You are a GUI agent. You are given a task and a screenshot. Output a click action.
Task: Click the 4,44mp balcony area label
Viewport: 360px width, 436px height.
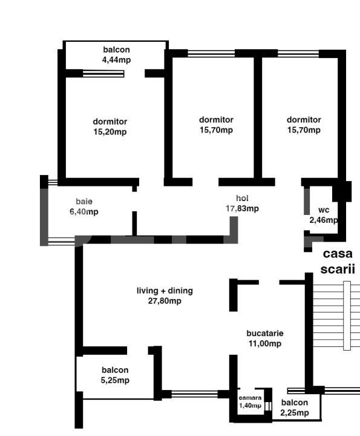tap(116, 59)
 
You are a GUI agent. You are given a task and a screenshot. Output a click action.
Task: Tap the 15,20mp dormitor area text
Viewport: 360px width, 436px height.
tap(110, 132)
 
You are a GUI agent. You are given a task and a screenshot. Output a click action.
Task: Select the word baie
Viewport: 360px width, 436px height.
tap(84, 201)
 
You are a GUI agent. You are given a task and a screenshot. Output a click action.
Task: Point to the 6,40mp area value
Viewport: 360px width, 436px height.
tap(84, 212)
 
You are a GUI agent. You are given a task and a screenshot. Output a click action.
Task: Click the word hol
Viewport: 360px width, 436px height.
tap(242, 198)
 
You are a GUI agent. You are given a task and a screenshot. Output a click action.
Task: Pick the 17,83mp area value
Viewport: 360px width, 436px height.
tap(242, 209)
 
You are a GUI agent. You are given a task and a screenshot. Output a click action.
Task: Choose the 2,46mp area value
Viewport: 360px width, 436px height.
tap(324, 220)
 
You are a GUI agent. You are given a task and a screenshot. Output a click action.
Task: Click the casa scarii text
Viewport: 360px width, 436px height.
tap(338, 262)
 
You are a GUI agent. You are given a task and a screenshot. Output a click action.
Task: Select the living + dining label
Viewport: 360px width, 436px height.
tap(165, 291)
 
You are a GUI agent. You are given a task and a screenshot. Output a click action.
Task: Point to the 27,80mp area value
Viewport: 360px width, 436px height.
tap(165, 301)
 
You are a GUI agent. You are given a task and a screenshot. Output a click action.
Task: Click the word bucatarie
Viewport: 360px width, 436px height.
tap(265, 333)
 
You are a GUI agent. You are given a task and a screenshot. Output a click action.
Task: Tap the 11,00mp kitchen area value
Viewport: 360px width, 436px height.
tap(265, 344)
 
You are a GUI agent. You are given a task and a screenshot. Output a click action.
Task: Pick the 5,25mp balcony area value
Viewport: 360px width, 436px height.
tap(115, 380)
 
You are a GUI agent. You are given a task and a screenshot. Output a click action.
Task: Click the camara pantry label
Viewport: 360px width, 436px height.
tap(250, 398)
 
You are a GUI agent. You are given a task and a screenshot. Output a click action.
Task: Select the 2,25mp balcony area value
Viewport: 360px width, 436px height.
tap(295, 413)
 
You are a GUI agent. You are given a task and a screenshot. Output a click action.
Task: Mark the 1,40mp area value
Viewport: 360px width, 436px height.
tap(250, 406)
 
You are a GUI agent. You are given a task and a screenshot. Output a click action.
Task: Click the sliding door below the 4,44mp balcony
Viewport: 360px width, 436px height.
tap(103, 74)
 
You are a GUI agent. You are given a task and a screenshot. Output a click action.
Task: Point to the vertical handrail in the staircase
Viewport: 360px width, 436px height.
tap(347, 315)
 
